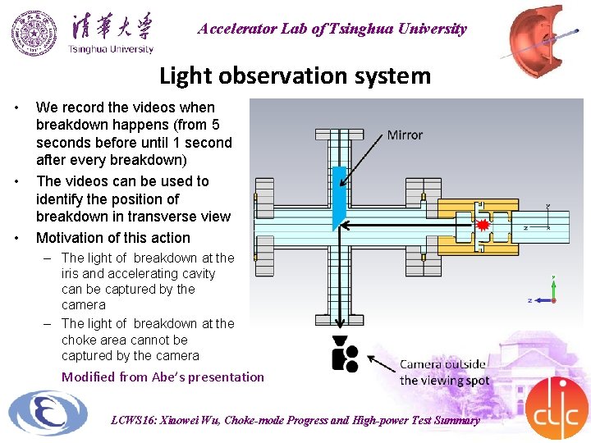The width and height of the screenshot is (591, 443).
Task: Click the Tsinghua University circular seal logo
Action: (x=34, y=33)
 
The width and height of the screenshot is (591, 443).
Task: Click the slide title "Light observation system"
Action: (x=295, y=75)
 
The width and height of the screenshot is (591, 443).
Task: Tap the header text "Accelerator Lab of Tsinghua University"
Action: (x=332, y=29)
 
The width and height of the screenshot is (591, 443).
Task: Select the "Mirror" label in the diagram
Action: (x=405, y=135)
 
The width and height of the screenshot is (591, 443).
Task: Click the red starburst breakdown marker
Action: (x=483, y=223)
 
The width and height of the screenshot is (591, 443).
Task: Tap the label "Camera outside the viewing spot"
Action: (x=442, y=372)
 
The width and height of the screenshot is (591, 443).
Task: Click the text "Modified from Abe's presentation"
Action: (x=163, y=377)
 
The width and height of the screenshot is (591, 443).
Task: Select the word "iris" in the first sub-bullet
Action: (x=71, y=274)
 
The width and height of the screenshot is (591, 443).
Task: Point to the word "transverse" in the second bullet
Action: (x=170, y=217)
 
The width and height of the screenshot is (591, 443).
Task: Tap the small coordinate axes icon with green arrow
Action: (x=554, y=291)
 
